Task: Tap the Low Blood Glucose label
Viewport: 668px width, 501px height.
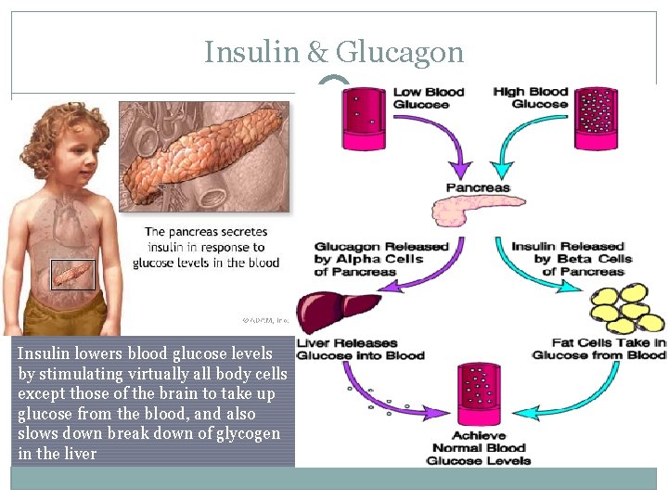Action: tap(428, 97)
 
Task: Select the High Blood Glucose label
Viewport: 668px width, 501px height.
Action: tap(530, 97)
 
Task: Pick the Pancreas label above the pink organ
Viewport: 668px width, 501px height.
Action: tap(478, 187)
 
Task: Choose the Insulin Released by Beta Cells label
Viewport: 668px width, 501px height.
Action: tap(572, 259)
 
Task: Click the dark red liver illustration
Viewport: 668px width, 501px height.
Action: tap(334, 308)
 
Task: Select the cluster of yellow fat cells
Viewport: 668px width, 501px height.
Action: tap(627, 308)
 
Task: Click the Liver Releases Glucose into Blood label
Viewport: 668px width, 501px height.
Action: tap(360, 349)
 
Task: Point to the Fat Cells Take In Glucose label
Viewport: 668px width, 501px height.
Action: tap(598, 349)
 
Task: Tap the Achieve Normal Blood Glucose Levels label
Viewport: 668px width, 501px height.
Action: tap(479, 448)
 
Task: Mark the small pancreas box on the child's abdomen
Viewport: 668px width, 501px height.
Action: tap(72, 274)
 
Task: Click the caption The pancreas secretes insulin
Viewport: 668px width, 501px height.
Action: tap(206, 247)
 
